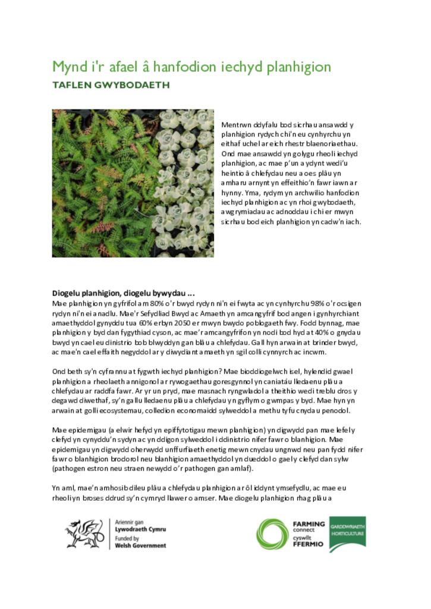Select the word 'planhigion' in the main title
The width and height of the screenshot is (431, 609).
(x=300, y=66)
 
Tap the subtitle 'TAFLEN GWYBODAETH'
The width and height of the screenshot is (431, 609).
(x=111, y=85)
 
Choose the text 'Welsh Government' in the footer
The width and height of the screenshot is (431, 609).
(x=140, y=545)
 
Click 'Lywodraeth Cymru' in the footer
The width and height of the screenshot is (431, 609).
(x=140, y=529)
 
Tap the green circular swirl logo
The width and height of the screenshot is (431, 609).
(x=273, y=534)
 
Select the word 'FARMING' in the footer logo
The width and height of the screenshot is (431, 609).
(x=309, y=524)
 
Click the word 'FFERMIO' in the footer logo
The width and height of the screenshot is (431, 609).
(x=309, y=544)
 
